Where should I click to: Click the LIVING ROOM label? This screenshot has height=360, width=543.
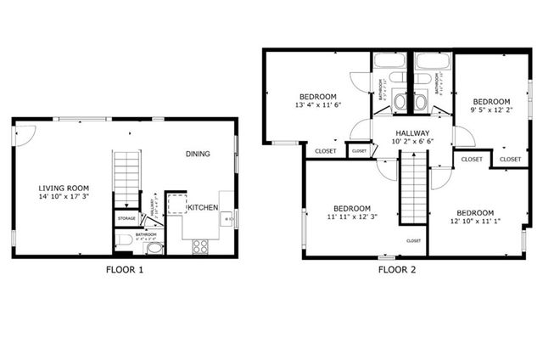[64, 188]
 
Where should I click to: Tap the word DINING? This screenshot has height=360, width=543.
[198, 154]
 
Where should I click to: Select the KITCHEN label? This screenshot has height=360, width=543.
[203, 208]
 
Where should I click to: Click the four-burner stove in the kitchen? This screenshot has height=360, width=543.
[201, 246]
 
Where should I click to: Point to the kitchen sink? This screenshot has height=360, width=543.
[227, 220]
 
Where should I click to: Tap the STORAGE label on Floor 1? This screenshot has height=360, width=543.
[126, 218]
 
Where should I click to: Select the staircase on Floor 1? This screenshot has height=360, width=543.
[126, 177]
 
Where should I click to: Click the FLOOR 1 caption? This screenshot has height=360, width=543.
[124, 270]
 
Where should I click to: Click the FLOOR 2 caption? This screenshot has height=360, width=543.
[396, 270]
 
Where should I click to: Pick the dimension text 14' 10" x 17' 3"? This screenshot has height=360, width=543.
[64, 197]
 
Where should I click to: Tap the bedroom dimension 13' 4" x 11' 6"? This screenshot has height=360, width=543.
[317, 105]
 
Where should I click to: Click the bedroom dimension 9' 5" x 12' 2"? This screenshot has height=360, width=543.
[491, 110]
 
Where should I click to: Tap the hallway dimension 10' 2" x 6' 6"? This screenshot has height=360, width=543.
[412, 143]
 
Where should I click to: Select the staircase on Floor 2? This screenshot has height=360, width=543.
[411, 194]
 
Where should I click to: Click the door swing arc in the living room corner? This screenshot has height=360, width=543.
[24, 133]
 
